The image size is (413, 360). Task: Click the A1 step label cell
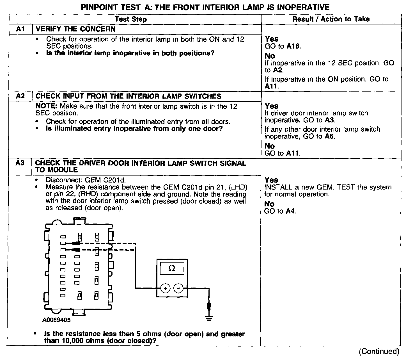click(20, 29)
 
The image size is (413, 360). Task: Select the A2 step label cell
click(20, 96)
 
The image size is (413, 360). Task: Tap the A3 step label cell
click(20, 163)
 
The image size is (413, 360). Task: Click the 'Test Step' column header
click(131, 19)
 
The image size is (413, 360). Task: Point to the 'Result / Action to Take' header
click(331, 19)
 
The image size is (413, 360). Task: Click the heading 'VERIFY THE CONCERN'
click(76, 29)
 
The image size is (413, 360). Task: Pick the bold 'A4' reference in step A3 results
click(291, 211)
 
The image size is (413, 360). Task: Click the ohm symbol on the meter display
click(172, 268)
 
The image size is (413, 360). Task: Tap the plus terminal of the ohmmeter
click(166, 288)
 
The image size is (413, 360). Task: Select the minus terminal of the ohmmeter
click(179, 288)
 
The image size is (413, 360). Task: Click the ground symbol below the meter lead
click(209, 318)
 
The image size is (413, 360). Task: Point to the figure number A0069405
click(57, 320)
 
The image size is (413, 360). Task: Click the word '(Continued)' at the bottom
click(379, 351)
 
